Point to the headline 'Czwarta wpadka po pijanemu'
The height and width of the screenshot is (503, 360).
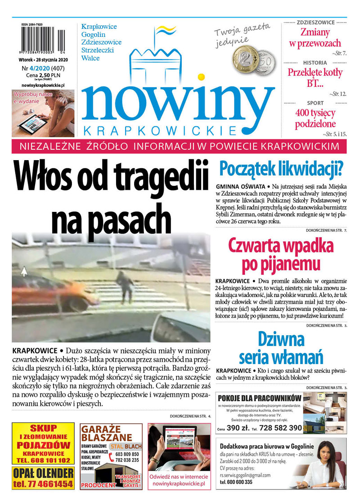(281, 256)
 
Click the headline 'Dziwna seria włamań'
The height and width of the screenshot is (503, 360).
(281, 347)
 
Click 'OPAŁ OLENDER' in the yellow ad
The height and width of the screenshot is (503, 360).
(43, 473)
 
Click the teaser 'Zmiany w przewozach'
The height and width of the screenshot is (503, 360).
(315, 38)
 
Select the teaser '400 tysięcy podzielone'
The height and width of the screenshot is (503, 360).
(315, 118)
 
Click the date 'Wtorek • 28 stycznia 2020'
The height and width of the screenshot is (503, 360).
(43, 60)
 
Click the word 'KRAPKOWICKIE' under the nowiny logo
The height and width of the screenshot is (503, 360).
(160, 131)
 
